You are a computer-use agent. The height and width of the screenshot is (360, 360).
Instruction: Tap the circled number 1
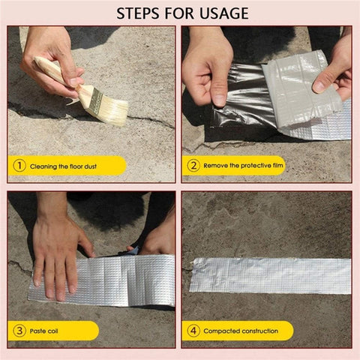point(19,166)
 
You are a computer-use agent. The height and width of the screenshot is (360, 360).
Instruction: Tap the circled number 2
point(193,166)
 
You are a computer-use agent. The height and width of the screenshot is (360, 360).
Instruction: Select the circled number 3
point(19,331)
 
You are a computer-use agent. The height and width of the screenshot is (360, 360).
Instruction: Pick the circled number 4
point(193,331)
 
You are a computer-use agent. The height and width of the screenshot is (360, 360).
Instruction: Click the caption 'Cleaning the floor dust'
point(66,166)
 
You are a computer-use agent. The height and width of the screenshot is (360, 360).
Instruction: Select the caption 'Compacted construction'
point(239,331)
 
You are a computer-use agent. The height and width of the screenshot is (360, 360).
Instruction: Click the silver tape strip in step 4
point(270,275)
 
